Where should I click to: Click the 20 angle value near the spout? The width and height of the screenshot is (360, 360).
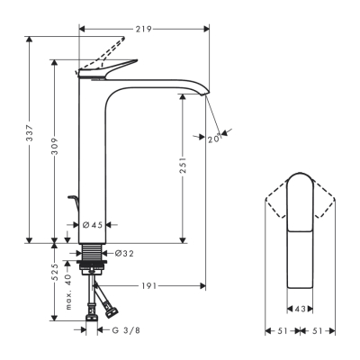tap(213, 139)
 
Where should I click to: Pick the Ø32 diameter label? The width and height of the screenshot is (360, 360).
tap(124, 254)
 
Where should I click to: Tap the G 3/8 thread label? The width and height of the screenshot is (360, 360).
tap(125, 329)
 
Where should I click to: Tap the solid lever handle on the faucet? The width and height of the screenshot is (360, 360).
tap(112, 67)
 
